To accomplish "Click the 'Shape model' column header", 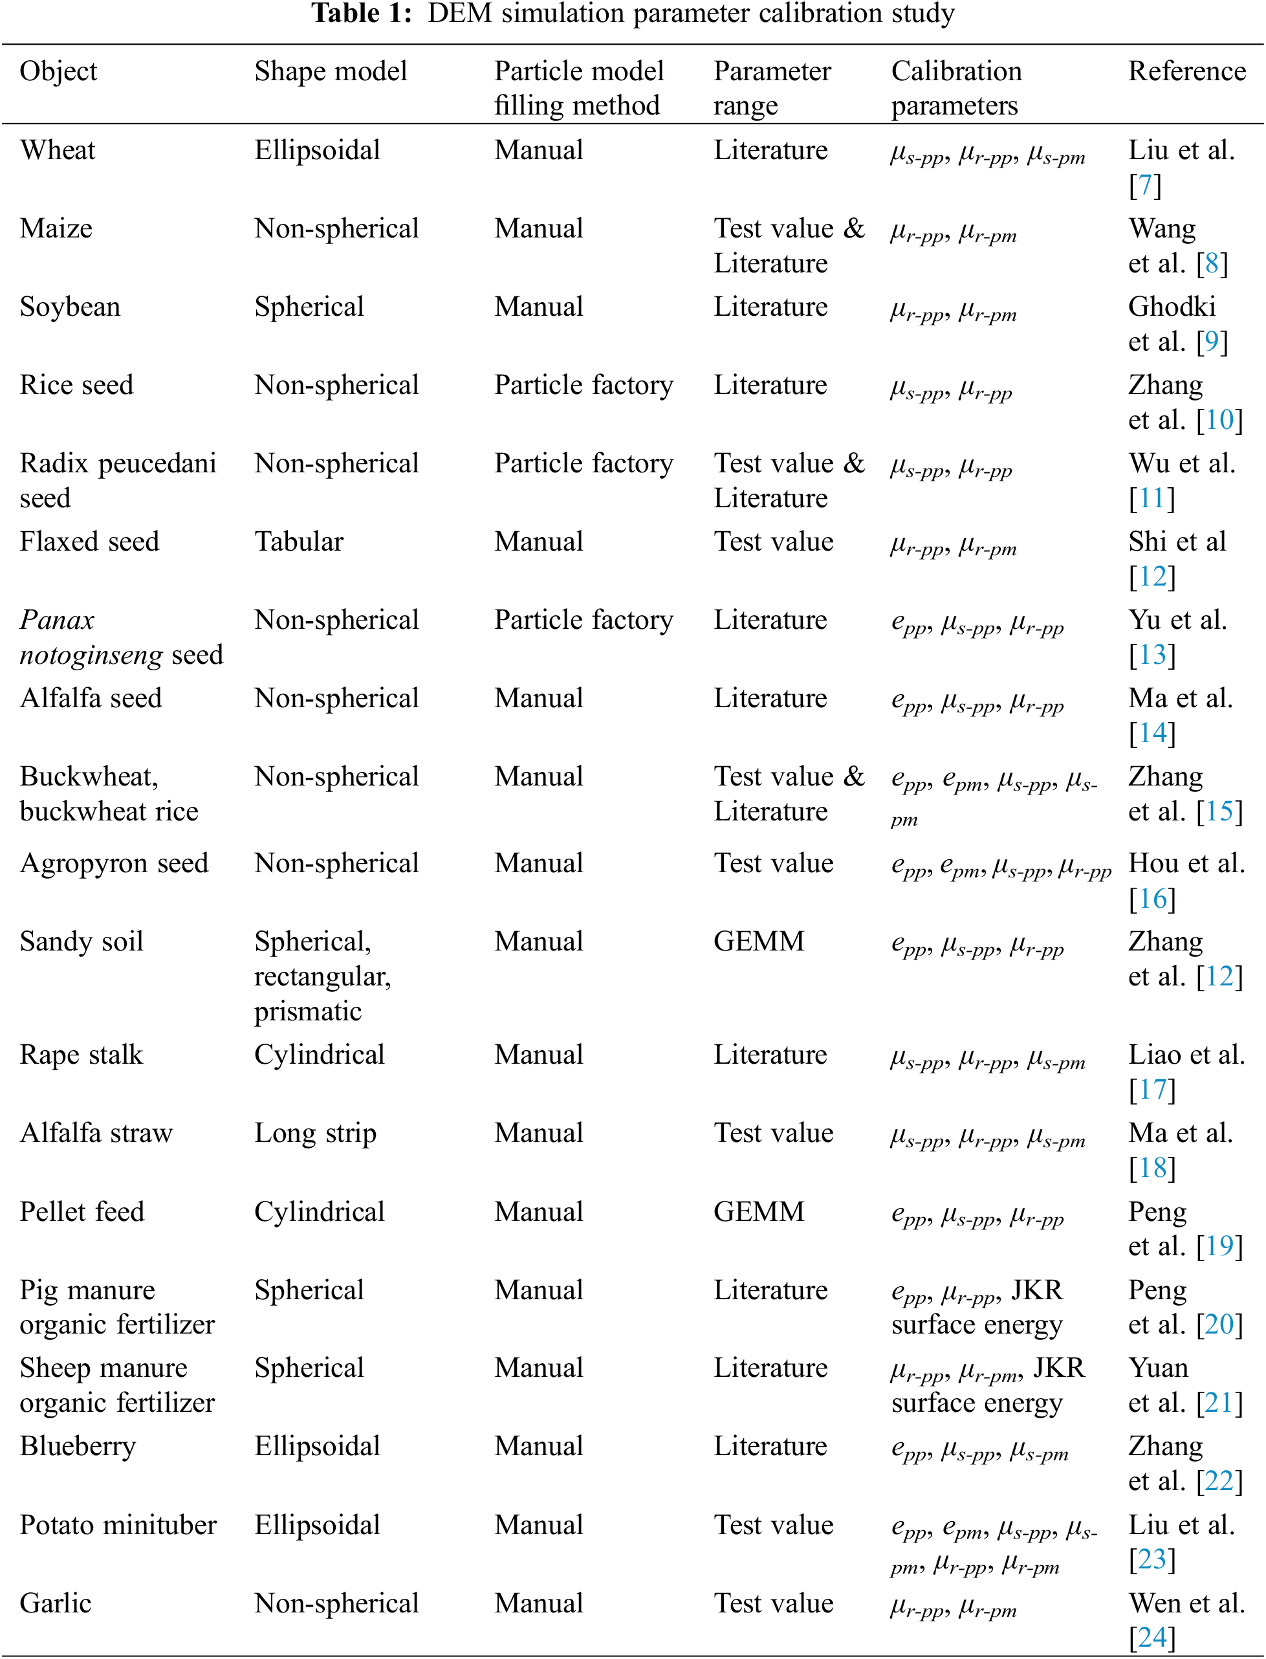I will pyautogui.click(x=330, y=72).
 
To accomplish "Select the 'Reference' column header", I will pyautogui.click(x=1186, y=72).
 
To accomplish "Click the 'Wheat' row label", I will pyautogui.click(x=58, y=150).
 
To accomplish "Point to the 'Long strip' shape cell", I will pyautogui.click(x=315, y=1133).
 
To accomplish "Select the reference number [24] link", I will pyautogui.click(x=1151, y=1637).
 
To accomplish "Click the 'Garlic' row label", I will pyautogui.click(x=55, y=1603).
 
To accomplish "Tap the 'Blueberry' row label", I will pyautogui.click(x=78, y=1445).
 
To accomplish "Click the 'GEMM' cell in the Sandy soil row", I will pyautogui.click(x=759, y=941).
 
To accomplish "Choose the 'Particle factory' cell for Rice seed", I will pyautogui.click(x=584, y=384).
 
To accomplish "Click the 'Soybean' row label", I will pyautogui.click(x=69, y=307).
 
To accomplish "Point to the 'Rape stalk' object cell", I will pyautogui.click(x=81, y=1055).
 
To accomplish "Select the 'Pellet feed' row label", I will pyautogui.click(x=82, y=1211).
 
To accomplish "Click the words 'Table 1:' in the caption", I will pyautogui.click(x=362, y=13).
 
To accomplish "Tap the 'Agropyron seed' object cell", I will pyautogui.click(x=114, y=863).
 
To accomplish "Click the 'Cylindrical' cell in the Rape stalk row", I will pyautogui.click(x=319, y=1055).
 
